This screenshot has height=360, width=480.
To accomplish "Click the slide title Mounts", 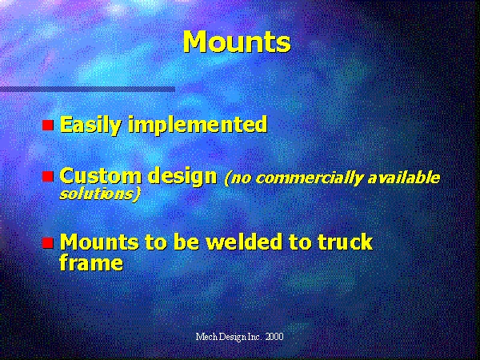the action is point(237,42).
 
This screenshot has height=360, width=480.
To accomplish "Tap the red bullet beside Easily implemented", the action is point(48,126).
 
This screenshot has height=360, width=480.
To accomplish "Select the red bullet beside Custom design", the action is point(48,176).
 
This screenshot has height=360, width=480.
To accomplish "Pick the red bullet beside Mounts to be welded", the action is point(48,242).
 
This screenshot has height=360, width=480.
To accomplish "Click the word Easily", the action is point(90,125).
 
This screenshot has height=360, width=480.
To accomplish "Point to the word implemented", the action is point(198,125).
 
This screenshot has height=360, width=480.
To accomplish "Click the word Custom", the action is point(101,176).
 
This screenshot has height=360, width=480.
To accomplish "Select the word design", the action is point(182,177).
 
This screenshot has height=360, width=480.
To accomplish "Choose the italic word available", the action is point(403,178).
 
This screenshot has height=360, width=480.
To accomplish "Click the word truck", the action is point(346,242).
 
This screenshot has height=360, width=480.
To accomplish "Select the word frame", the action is point(91,262).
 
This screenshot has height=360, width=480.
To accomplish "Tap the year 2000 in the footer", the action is point(274,337).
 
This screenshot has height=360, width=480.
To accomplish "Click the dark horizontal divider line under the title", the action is point(87,90).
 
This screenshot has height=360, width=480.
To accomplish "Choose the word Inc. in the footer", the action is point(255,337).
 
